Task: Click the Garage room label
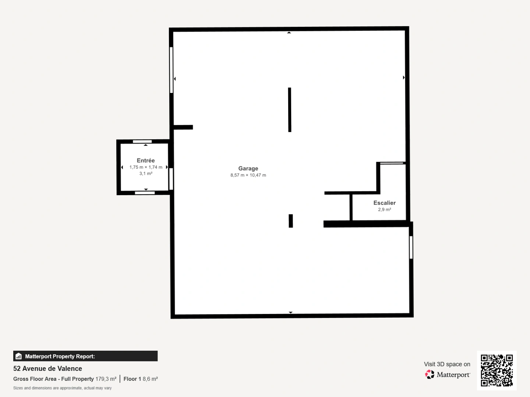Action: (248, 168)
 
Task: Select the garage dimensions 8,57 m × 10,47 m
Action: (248, 175)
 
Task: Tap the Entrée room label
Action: (146, 160)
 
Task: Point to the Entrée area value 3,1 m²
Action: (146, 174)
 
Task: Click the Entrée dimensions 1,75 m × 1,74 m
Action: (146, 167)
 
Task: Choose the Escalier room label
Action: (384, 203)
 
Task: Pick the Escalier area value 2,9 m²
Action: (384, 210)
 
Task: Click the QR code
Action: (497, 370)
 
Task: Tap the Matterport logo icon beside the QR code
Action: (430, 375)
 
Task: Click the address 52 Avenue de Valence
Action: (47, 368)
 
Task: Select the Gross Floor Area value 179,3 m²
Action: (106, 379)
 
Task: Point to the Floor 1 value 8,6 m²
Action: (150, 379)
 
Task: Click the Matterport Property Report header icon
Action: (18, 356)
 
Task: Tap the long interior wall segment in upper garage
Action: (290, 110)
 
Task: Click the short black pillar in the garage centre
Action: (290, 221)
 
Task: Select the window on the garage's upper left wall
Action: (171, 70)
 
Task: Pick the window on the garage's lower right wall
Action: (411, 247)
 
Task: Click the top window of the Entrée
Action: (142, 142)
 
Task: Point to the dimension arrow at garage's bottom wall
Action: (290, 312)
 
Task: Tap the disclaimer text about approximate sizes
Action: (62, 388)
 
